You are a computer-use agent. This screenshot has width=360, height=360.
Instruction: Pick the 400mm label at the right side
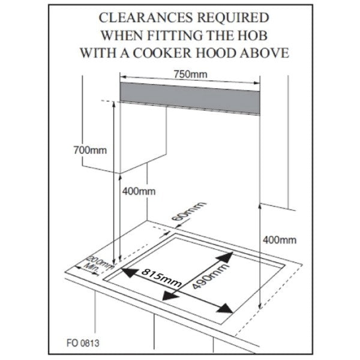pos(280,239)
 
